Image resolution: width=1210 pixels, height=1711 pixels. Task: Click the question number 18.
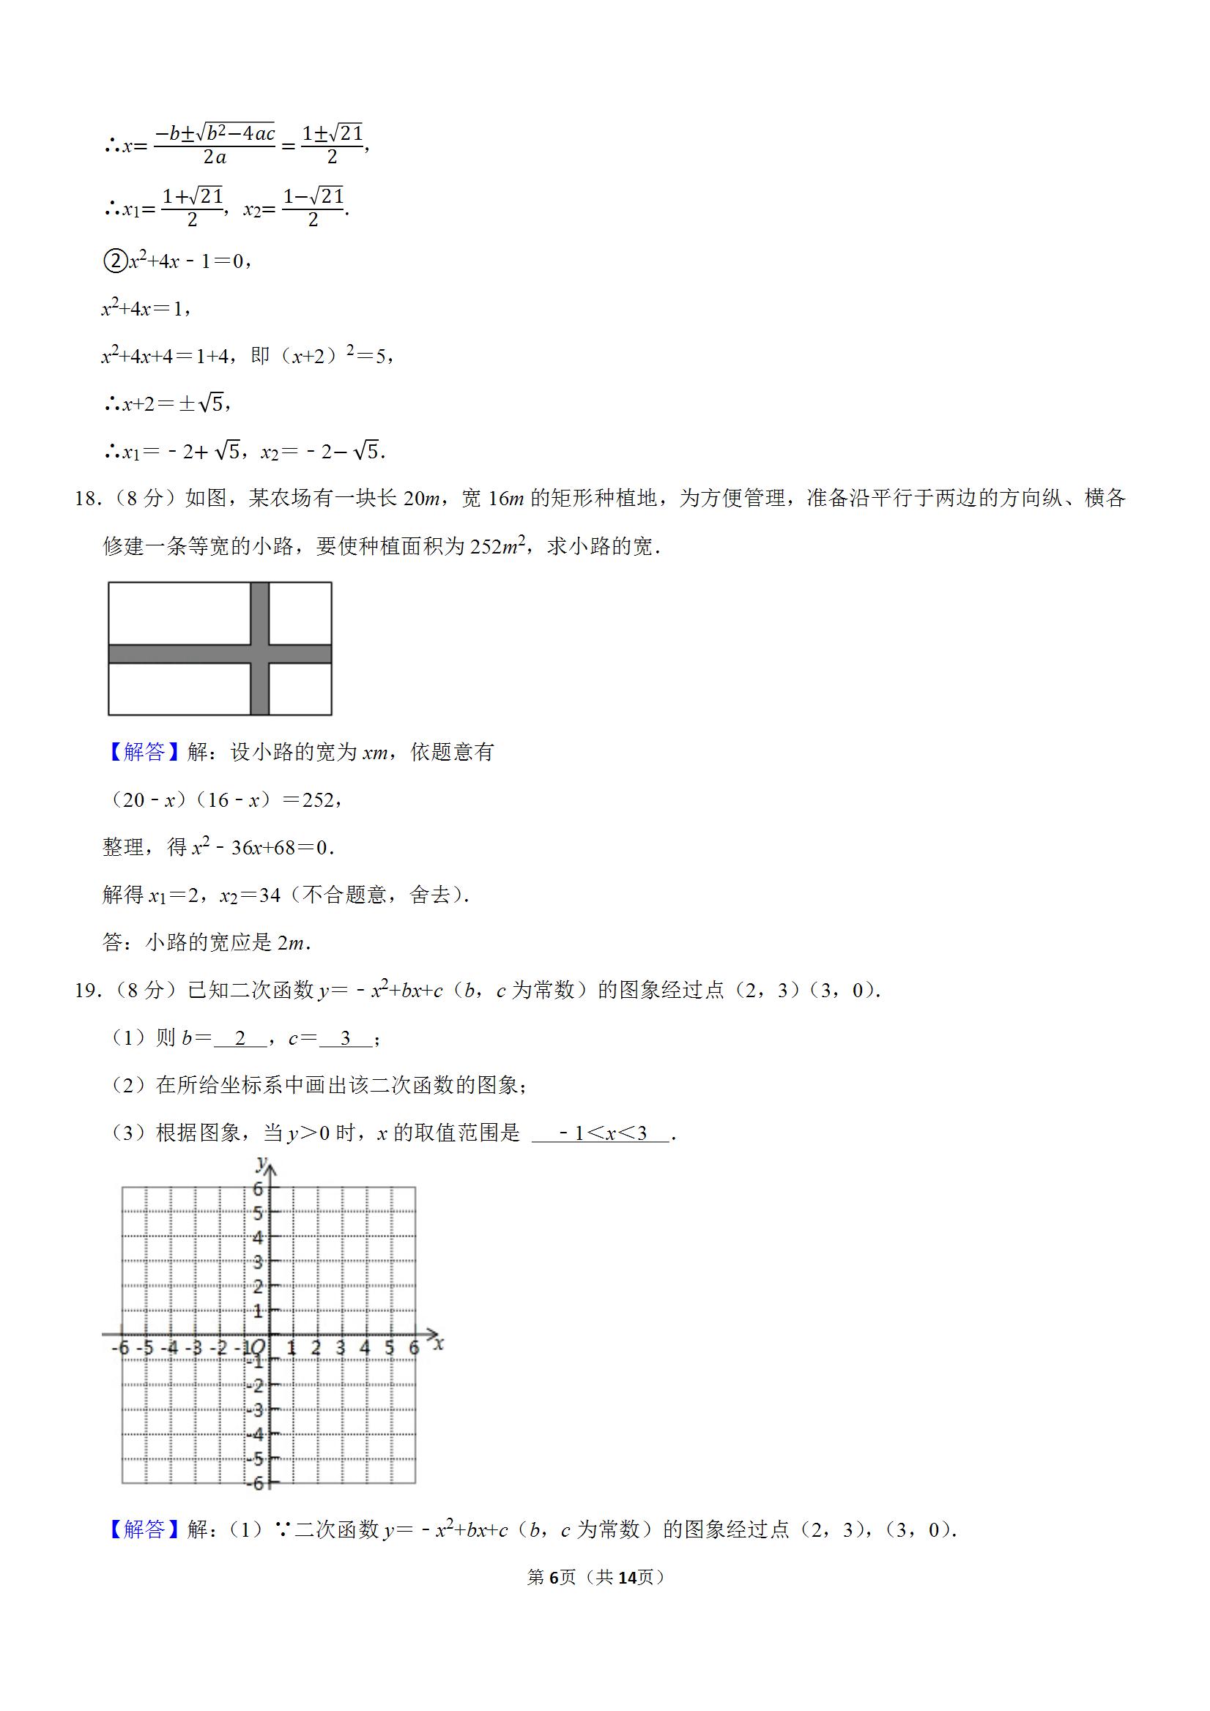[x=86, y=499]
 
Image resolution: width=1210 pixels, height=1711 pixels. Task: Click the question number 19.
[x=86, y=991]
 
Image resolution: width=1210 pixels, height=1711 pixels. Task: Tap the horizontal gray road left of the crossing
[x=179, y=654]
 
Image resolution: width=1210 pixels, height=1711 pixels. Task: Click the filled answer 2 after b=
[x=240, y=1038]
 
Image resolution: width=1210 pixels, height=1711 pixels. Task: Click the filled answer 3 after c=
[x=345, y=1038]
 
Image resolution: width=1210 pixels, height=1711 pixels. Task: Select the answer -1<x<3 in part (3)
[x=601, y=1133]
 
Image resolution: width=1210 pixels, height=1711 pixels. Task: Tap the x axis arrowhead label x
[x=439, y=1343]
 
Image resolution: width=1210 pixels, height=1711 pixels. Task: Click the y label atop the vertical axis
[x=261, y=1163]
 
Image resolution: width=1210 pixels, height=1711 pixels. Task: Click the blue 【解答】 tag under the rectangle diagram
[x=144, y=752]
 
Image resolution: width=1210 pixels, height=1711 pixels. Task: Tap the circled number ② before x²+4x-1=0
[x=114, y=261]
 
